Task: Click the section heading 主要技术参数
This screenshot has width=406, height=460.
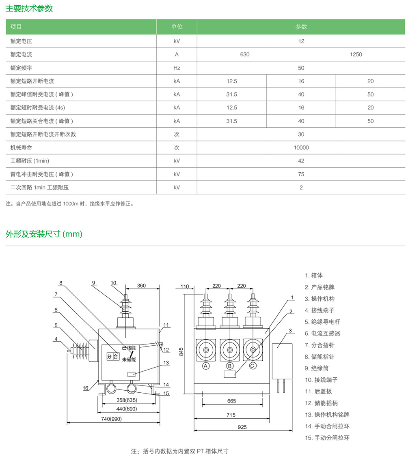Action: [x=29, y=9]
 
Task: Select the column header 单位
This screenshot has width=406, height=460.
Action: [x=177, y=27]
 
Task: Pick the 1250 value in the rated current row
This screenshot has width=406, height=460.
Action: [x=356, y=54]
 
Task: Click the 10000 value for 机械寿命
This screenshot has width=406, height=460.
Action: [x=301, y=148]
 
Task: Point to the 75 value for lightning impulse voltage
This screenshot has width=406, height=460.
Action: [x=301, y=174]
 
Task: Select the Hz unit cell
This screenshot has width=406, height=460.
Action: [x=177, y=68]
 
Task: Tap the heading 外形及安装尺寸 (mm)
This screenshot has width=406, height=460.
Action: [x=44, y=234]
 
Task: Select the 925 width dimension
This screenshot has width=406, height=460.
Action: [x=242, y=427]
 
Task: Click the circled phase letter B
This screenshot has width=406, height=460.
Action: [x=230, y=366]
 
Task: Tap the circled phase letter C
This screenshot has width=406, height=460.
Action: [x=253, y=366]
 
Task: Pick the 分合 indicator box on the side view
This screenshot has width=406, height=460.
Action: [x=112, y=357]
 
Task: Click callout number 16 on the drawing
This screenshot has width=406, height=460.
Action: [x=86, y=388]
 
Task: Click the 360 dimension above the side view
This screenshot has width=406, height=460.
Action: [x=141, y=286]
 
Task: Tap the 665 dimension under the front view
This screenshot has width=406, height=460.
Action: [x=231, y=401]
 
